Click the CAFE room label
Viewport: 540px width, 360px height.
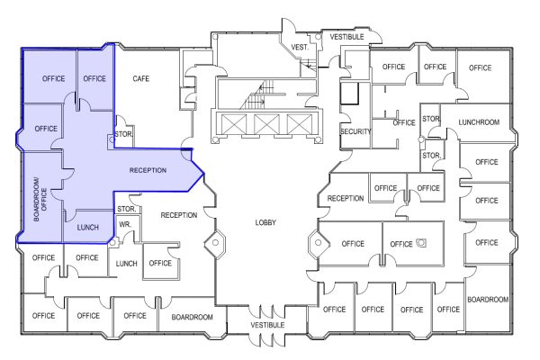[x=140, y=79]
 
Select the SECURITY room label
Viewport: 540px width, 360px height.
[x=355, y=132]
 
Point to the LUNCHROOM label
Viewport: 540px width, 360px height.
[x=479, y=121]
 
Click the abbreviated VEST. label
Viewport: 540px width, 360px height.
[x=300, y=47]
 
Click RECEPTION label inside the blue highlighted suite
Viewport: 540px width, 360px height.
[x=148, y=171]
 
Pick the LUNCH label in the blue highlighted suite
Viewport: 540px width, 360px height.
[x=87, y=228]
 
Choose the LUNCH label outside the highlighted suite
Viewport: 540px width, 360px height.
[x=125, y=264]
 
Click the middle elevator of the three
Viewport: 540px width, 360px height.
[x=266, y=124]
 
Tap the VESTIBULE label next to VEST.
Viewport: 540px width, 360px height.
[x=346, y=38]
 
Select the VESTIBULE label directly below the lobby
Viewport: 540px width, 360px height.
[x=266, y=325]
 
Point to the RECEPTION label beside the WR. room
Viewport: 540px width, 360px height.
[x=178, y=215]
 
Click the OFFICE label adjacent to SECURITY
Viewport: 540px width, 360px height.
[x=404, y=123]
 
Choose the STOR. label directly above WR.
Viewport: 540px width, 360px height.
[x=126, y=210]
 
